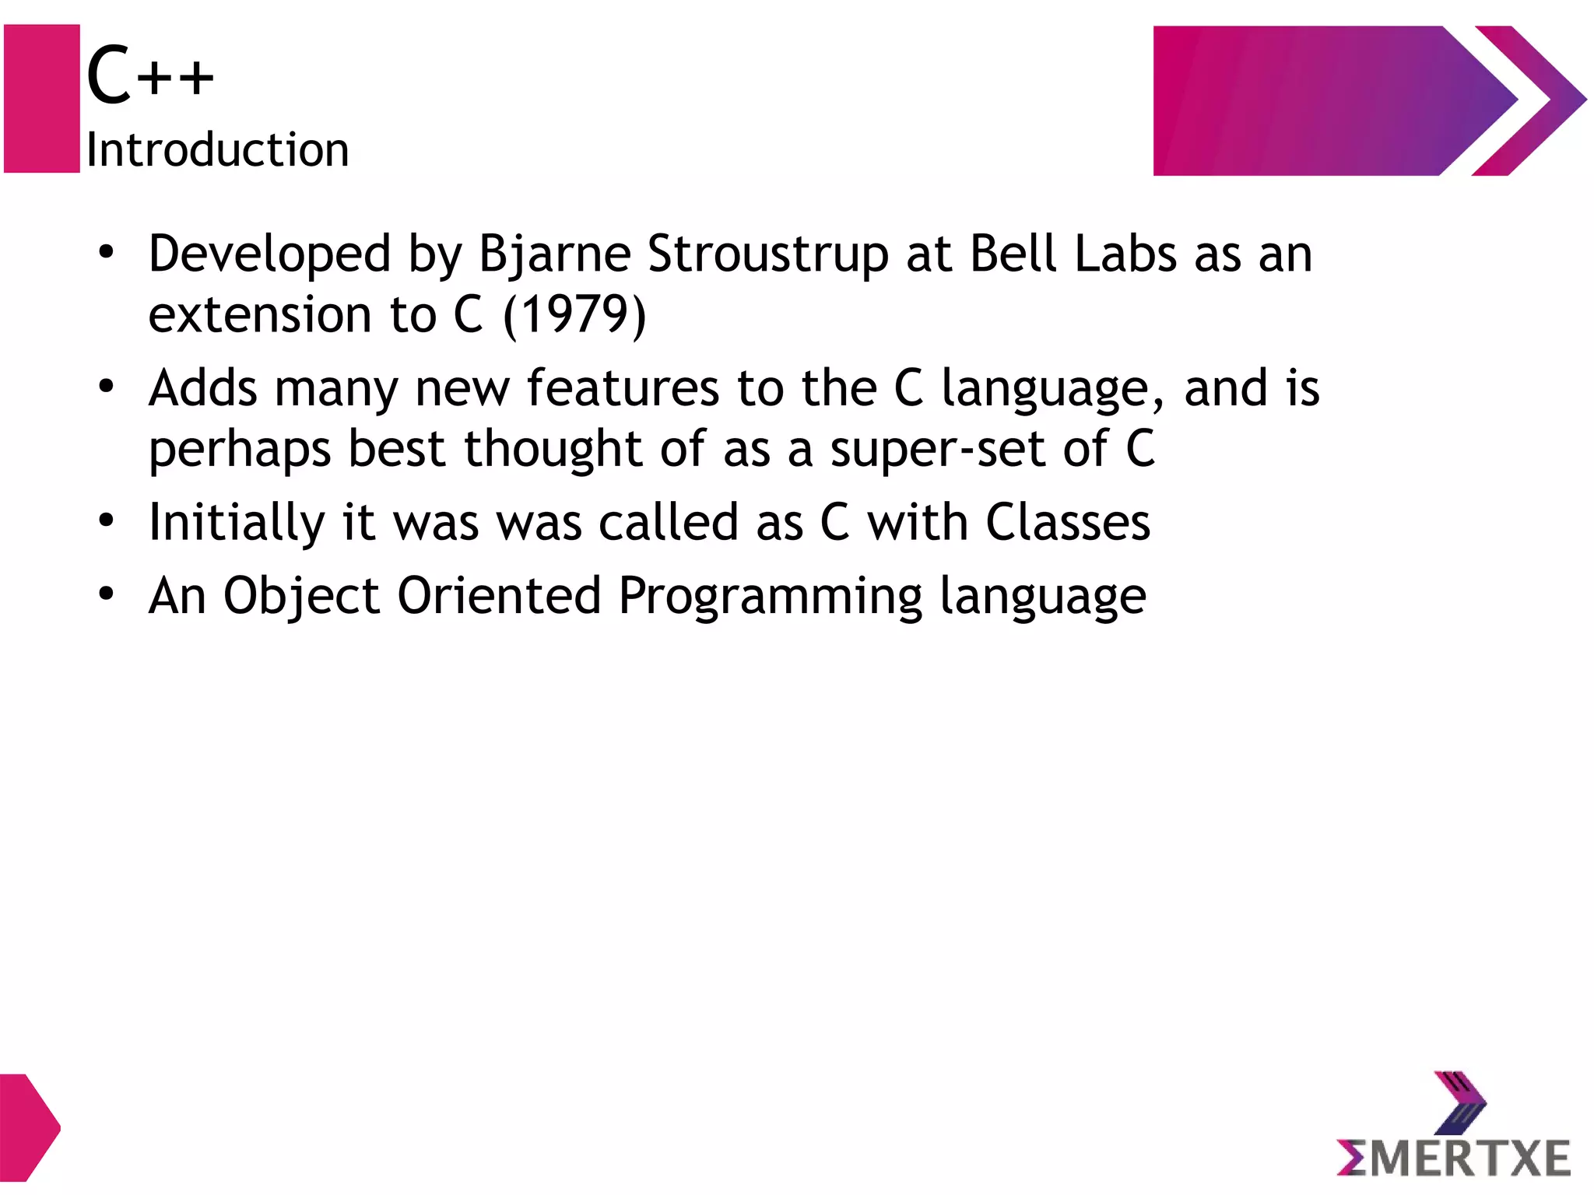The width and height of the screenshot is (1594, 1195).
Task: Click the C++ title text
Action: [149, 75]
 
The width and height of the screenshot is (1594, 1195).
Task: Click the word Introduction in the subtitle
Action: [217, 149]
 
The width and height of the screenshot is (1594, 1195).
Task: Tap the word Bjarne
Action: [554, 254]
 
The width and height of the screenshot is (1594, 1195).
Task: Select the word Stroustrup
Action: [767, 254]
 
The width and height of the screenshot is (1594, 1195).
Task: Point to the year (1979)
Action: [574, 315]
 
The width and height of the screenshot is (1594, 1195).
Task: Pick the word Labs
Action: [1125, 254]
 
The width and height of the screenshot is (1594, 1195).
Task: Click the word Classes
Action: [1068, 522]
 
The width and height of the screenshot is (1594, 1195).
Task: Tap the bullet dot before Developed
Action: [107, 252]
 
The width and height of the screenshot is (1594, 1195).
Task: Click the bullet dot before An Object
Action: [107, 594]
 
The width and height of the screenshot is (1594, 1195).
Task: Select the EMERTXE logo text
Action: [1454, 1158]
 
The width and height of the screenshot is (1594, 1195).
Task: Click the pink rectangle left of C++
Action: [42, 98]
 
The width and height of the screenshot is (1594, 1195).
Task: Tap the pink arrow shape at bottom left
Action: [27, 1127]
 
